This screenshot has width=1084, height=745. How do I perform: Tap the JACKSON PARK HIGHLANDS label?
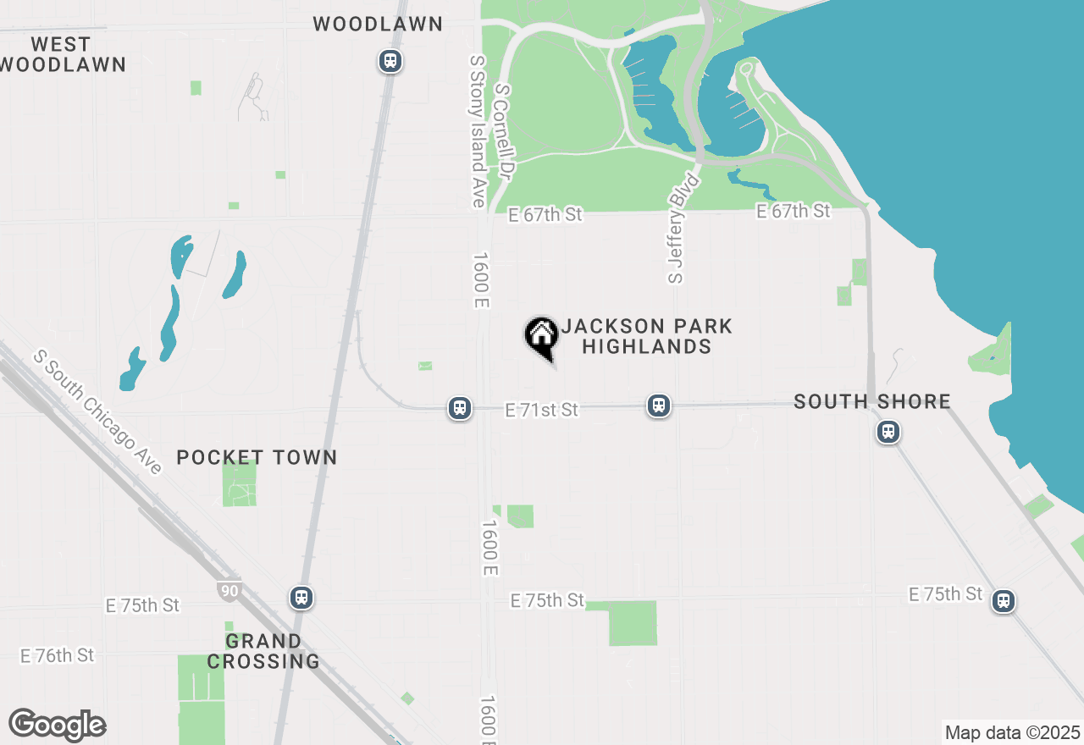(x=646, y=336)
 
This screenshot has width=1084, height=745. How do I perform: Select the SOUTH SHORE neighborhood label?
(x=872, y=401)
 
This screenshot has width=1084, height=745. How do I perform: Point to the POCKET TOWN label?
(x=257, y=458)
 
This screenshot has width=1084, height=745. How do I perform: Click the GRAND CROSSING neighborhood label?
(x=263, y=651)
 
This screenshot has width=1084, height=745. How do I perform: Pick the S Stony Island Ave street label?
(x=477, y=131)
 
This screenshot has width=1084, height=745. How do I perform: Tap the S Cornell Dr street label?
(x=505, y=130)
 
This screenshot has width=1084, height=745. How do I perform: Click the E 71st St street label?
(x=541, y=410)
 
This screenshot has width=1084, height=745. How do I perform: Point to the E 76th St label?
(x=57, y=655)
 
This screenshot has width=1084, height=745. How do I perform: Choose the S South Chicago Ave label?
(x=97, y=412)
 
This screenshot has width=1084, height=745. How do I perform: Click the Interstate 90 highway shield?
(x=230, y=590)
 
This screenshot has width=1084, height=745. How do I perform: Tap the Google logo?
(x=57, y=726)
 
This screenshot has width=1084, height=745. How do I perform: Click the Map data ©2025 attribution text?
(x=1012, y=732)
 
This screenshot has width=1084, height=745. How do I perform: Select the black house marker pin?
(x=541, y=337)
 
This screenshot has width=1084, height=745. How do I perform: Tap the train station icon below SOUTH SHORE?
(x=888, y=432)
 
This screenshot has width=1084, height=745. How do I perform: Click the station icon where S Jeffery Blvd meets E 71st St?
(x=659, y=406)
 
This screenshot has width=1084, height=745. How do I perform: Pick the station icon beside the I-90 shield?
(x=301, y=597)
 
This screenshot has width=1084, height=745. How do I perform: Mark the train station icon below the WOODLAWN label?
(x=390, y=61)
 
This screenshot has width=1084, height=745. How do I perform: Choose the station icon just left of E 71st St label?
(x=460, y=408)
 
